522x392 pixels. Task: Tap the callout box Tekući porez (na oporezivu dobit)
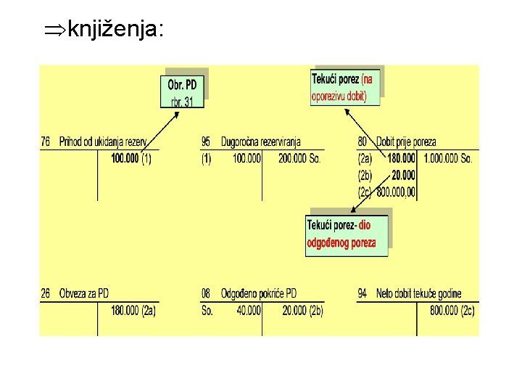click(344, 87)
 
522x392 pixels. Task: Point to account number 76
click(46, 142)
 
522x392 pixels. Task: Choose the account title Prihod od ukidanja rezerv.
click(102, 142)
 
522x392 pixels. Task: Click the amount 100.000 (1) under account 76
click(131, 158)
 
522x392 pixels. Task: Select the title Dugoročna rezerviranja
click(260, 142)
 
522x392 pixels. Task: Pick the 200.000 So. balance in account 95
click(299, 158)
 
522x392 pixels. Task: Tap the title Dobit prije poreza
click(406, 142)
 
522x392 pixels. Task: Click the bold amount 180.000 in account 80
click(402, 158)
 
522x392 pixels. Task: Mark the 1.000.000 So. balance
click(447, 158)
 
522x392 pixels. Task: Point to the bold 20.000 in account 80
click(403, 175)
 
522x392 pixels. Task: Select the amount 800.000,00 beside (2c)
click(396, 192)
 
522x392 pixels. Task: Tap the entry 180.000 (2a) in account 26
click(133, 310)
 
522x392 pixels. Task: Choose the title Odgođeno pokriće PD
click(259, 293)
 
